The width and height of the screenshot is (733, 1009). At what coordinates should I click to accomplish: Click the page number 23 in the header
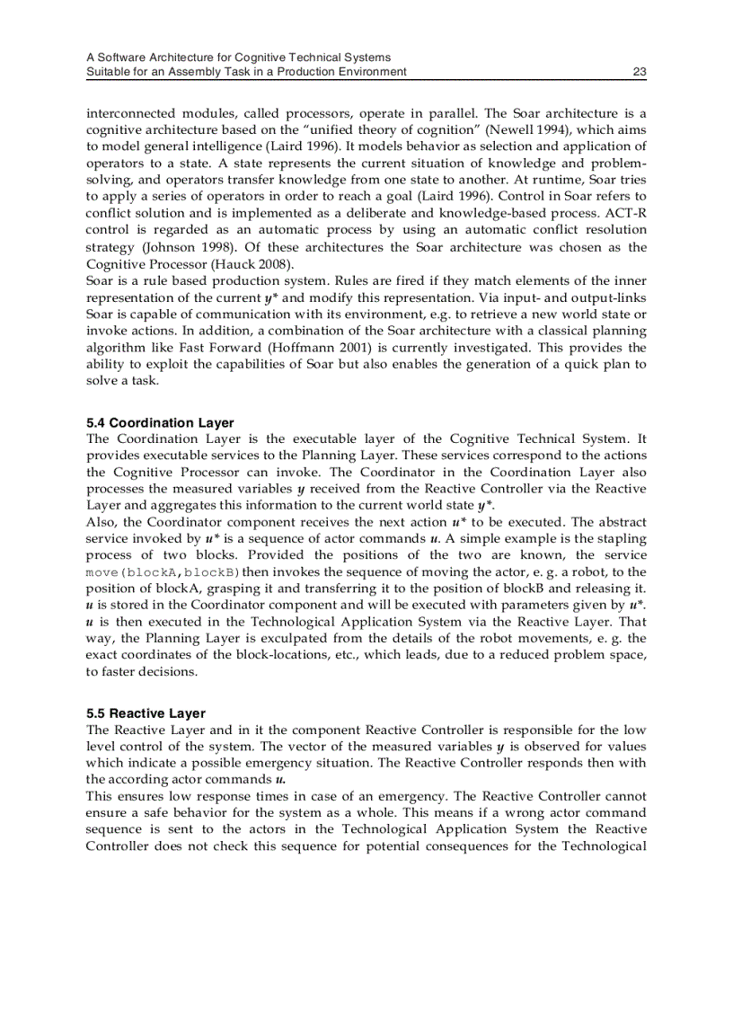click(x=640, y=72)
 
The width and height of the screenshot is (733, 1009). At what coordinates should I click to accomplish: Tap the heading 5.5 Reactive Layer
click(x=146, y=713)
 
